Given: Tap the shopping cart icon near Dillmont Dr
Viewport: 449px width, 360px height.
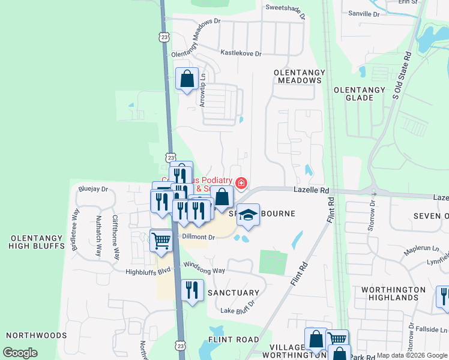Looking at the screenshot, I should click(161, 241).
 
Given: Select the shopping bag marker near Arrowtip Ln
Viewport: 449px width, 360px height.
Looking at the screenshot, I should click(187, 78).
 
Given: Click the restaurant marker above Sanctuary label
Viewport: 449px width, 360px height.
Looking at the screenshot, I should click(192, 290).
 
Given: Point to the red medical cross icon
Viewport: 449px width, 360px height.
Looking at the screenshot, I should click(241, 182).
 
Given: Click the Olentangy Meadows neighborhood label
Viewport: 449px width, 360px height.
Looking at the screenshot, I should click(300, 76).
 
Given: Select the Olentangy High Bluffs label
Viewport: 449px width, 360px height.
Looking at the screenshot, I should click(37, 242).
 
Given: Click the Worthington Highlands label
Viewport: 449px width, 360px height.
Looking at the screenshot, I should click(393, 294).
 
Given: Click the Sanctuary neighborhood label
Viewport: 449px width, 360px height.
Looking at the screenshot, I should click(233, 293).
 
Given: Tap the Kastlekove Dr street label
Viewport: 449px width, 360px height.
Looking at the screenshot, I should click(241, 53).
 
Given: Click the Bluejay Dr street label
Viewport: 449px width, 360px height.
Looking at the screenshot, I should click(92, 189).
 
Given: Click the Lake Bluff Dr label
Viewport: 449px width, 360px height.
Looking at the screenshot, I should click(238, 310).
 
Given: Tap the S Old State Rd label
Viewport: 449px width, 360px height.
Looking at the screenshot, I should click(402, 74).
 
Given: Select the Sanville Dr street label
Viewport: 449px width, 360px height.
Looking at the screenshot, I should click(364, 13).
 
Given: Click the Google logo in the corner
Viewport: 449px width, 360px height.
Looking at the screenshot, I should click(20, 353).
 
